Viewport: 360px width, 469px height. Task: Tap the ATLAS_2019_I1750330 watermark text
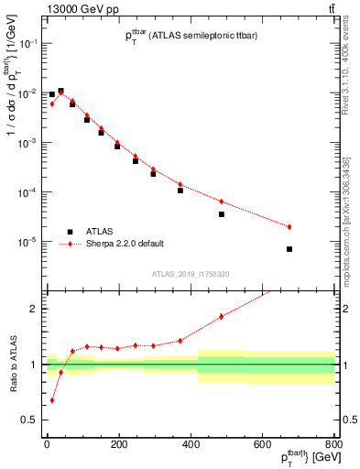pyautogui.click(x=190, y=273)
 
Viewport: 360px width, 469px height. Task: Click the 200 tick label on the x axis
pyautogui.click(x=118, y=446)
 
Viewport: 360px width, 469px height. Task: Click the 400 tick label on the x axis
pyautogui.click(x=191, y=446)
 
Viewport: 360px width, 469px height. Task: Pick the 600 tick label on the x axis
pyautogui.click(x=262, y=446)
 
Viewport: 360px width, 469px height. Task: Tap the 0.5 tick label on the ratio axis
pyautogui.click(x=29, y=420)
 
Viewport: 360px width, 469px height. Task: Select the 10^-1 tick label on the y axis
pyautogui.click(x=27, y=44)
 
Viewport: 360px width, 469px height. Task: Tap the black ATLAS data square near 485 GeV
pyautogui.click(x=221, y=214)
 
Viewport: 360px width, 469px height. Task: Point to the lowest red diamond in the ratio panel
pyautogui.click(x=51, y=400)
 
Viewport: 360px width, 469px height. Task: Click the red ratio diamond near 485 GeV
pyautogui.click(x=221, y=317)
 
